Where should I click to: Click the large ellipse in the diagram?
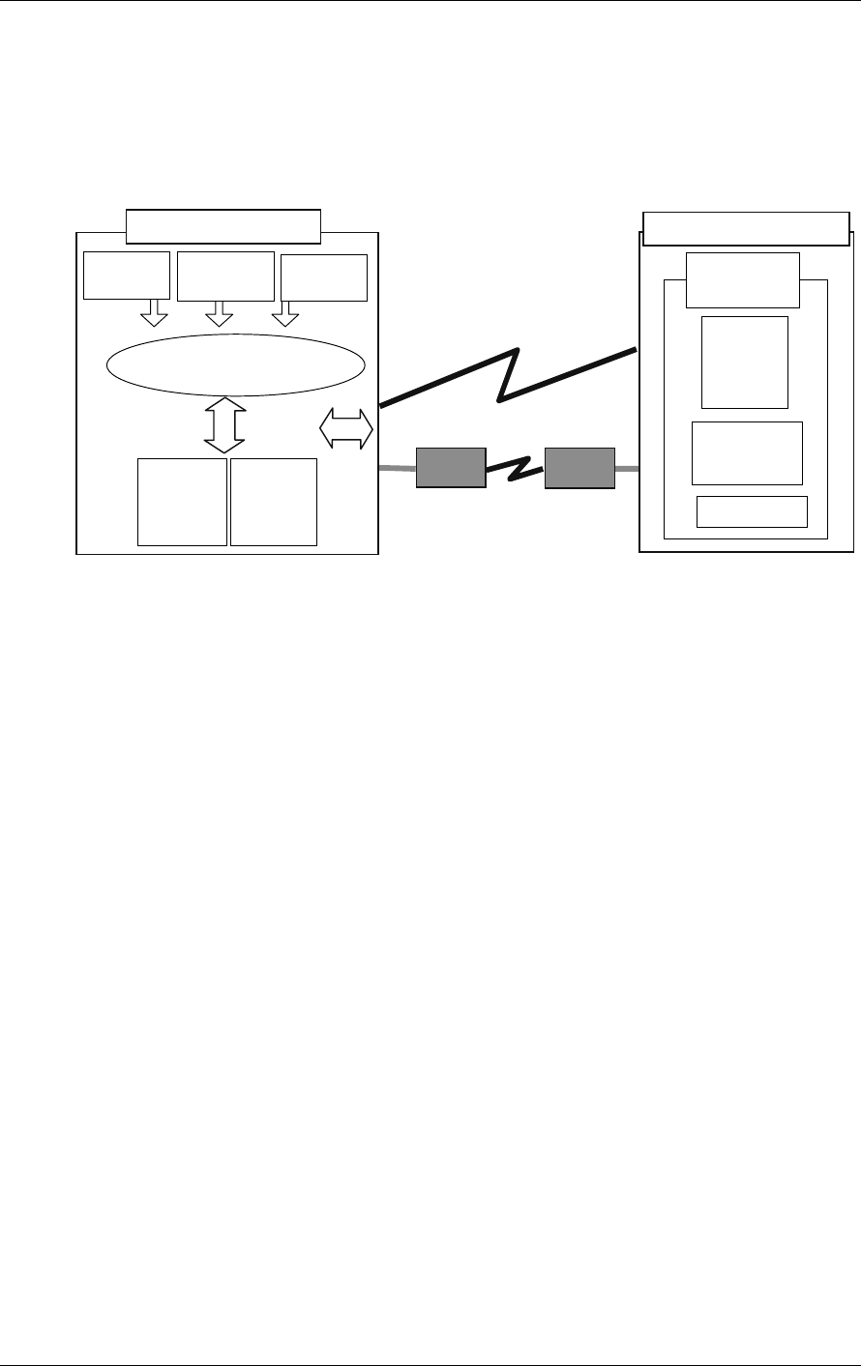pyautogui.click(x=236, y=364)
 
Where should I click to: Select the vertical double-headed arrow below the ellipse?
pyautogui.click(x=223, y=425)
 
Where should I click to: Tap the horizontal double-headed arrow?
pyautogui.click(x=346, y=428)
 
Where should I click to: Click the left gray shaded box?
pyautogui.click(x=450, y=467)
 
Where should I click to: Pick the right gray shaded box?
pyautogui.click(x=579, y=467)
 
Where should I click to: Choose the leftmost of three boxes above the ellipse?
pyautogui.click(x=127, y=276)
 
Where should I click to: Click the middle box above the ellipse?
pyautogui.click(x=226, y=276)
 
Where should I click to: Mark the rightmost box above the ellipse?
pyautogui.click(x=323, y=277)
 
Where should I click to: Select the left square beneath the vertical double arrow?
pyautogui.click(x=182, y=502)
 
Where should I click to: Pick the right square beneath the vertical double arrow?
pyautogui.click(x=274, y=502)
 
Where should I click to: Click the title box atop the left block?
pyautogui.click(x=223, y=225)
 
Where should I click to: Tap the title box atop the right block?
pyautogui.click(x=746, y=228)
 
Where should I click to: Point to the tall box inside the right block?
pyautogui.click(x=744, y=362)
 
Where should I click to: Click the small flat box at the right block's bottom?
pyautogui.click(x=752, y=511)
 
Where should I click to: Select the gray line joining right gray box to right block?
pyautogui.click(x=627, y=469)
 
